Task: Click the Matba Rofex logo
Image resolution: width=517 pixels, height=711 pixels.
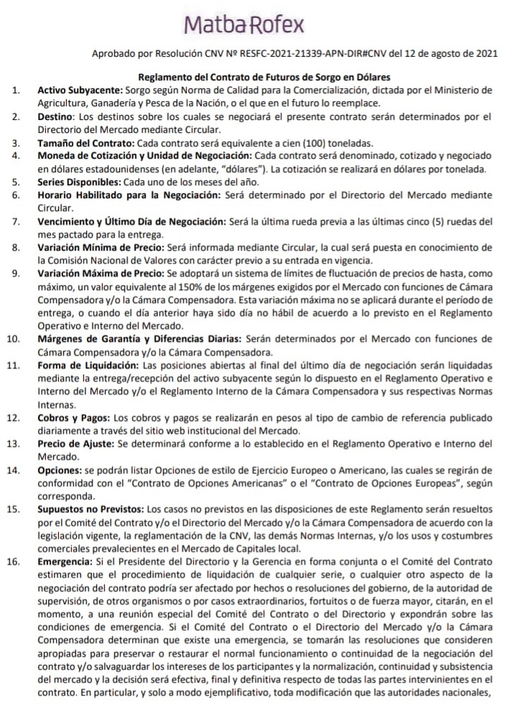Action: click(243, 24)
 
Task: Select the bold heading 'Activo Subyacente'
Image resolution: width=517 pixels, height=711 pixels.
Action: click(80, 90)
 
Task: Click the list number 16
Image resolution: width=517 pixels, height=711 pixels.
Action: click(13, 561)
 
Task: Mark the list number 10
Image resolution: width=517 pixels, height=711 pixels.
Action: click(13, 338)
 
